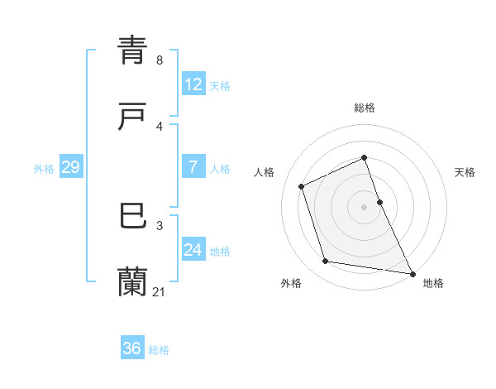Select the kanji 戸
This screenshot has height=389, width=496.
133,118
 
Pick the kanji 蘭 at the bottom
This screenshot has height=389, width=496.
133,282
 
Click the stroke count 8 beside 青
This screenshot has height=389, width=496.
160,60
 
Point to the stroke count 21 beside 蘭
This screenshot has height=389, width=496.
160,291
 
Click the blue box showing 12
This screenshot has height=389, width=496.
193,84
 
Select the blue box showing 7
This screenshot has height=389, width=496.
193,167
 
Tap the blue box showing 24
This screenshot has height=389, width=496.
193,250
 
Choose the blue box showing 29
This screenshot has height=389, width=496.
70,167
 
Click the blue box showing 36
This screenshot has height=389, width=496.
131,348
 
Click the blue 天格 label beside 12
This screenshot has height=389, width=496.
220,86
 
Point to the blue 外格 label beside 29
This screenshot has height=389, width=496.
44,169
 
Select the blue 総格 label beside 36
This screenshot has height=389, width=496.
159,350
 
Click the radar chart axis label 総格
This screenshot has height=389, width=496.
365,108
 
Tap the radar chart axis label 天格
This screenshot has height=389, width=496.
465,172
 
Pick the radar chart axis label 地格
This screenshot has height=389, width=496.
433,283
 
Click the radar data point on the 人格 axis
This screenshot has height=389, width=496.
303,186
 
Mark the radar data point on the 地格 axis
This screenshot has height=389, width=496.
411,272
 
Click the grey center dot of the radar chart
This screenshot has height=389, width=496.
365,206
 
